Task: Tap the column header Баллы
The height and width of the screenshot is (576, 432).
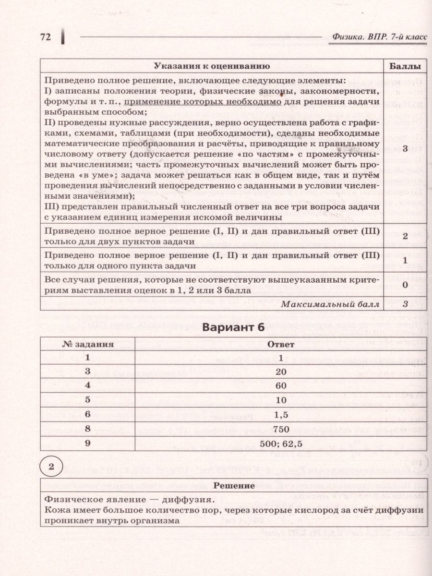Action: (x=405, y=66)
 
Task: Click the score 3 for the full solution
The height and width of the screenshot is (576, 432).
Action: (x=405, y=148)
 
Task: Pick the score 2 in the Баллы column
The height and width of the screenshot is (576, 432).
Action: (x=405, y=236)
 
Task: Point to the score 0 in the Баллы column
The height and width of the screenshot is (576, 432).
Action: (x=405, y=285)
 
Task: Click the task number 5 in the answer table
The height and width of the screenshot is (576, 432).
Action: (x=87, y=400)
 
